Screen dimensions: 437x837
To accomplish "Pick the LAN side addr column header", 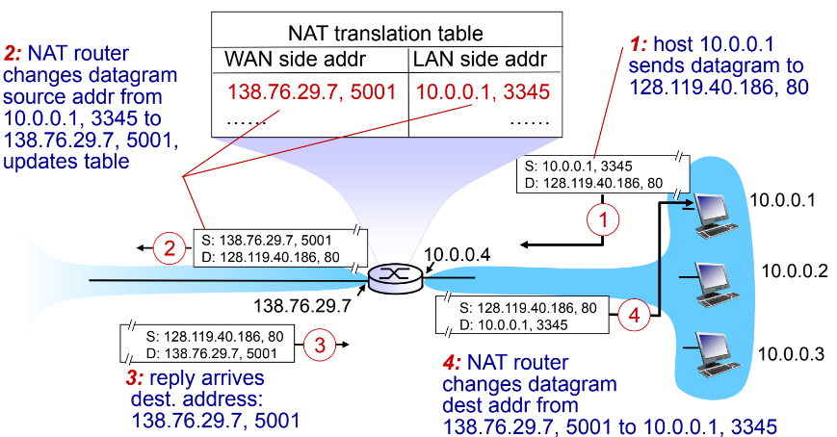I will point(479,60).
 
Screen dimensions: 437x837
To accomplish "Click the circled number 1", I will point(602,219).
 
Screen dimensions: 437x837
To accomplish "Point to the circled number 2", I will point(170,248).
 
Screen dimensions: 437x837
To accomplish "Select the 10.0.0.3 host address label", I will point(791,353).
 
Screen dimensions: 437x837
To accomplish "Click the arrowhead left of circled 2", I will point(142,248).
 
